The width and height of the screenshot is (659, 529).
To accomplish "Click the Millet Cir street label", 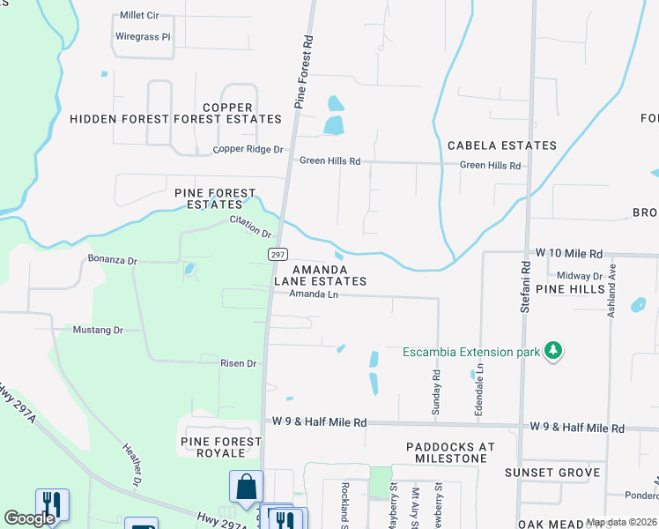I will [140, 16].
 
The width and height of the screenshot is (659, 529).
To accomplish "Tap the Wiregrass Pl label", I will [142, 37].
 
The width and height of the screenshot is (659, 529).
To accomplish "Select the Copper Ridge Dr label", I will [248, 150].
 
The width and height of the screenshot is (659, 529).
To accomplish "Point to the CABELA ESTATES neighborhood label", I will [501, 145].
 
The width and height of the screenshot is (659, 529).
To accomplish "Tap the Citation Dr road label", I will [251, 227].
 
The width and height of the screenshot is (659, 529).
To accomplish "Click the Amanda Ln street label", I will [314, 294].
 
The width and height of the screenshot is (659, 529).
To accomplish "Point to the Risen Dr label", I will [238, 362].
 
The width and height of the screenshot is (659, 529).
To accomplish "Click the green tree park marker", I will [553, 352].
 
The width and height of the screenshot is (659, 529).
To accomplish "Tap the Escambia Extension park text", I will [470, 353].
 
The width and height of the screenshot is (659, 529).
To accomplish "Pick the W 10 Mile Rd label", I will [572, 252].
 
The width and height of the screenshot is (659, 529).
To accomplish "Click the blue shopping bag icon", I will [246, 486].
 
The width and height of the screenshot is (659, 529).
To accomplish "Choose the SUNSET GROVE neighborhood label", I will [552, 473].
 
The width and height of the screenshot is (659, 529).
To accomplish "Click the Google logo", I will [30, 518].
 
